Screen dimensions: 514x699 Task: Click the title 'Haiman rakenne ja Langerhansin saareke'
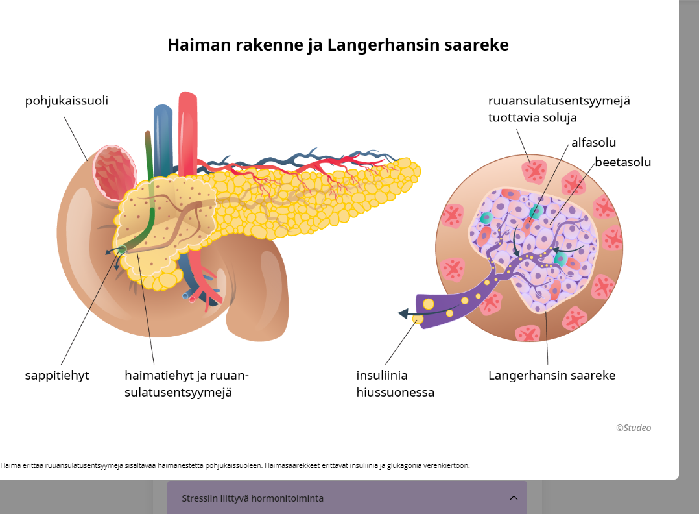338,45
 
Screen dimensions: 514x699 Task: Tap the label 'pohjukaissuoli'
66,101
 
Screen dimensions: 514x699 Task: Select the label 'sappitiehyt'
57,375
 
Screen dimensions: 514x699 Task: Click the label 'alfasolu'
593,142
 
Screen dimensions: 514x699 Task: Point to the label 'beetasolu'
622,162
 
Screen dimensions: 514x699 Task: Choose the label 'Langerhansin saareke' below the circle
551,375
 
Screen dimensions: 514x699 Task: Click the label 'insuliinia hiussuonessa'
395,384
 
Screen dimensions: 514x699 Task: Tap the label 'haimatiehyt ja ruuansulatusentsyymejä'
187,384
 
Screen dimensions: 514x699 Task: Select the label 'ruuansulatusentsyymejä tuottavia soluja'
559,109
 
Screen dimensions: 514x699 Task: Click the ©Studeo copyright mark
633,428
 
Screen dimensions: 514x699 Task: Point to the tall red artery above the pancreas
187,130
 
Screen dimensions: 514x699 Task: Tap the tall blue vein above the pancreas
162,136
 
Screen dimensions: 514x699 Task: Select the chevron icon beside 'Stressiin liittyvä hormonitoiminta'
514,498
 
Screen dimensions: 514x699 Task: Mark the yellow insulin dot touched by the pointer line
418,319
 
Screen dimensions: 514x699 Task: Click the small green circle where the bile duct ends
122,249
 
